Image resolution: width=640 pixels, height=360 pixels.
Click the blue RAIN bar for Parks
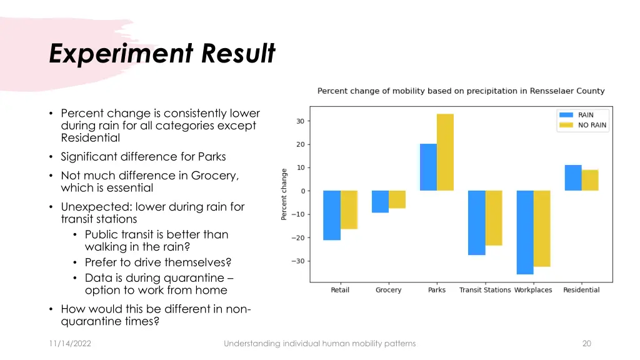coord(428,167)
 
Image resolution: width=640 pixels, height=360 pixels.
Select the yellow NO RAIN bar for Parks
coord(445,152)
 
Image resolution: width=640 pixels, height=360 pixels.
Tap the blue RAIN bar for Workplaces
coord(525,232)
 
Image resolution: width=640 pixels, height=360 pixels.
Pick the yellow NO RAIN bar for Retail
coord(349,209)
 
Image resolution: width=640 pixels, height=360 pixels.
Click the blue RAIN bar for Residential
coord(573,177)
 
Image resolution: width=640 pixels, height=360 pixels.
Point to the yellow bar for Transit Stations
coord(494,217)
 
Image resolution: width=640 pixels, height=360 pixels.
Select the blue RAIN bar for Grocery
coord(380,201)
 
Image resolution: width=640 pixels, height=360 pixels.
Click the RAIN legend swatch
coord(566,115)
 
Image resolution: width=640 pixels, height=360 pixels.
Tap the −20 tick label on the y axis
coord(297,237)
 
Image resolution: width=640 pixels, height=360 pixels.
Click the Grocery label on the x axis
coord(388,290)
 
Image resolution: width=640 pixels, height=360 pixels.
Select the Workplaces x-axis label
coord(533,290)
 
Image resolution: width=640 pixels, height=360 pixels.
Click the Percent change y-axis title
coord(284,194)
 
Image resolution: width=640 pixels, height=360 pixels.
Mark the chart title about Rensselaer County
coord(461,91)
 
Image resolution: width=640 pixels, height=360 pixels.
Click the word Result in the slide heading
coord(238,54)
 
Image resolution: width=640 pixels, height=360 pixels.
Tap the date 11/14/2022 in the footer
coord(70,343)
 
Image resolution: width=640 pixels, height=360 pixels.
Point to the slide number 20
coord(586,343)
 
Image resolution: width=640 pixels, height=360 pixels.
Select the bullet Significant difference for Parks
coord(143,157)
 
